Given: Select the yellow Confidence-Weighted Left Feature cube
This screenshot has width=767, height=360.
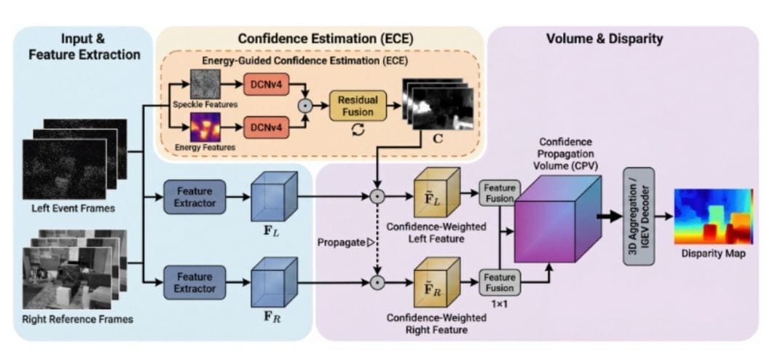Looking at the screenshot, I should point(436,194).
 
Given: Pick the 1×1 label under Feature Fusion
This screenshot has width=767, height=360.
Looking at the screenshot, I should point(500,303).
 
